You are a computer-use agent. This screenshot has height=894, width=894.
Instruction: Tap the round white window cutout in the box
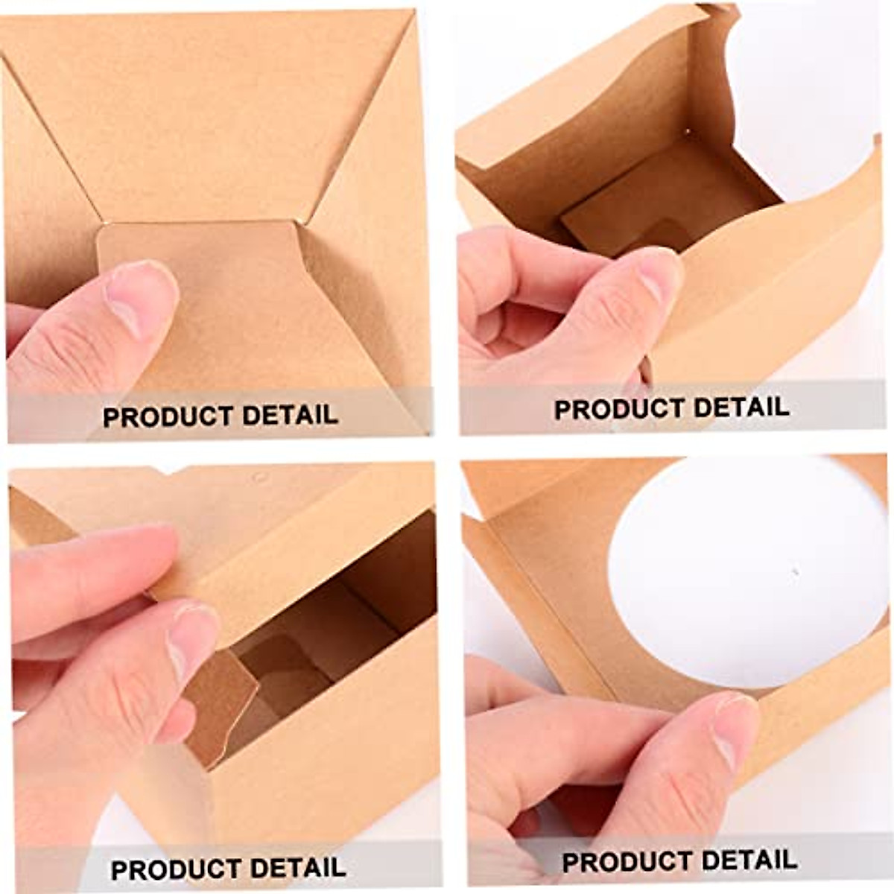coord(745,574)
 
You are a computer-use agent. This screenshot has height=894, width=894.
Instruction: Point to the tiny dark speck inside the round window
coord(795,572)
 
